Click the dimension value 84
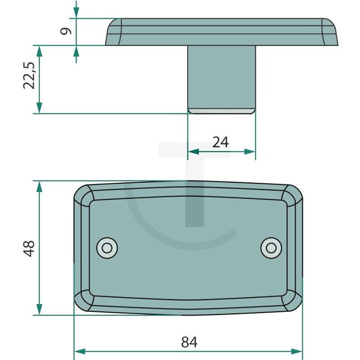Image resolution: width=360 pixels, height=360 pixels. click(x=189, y=342)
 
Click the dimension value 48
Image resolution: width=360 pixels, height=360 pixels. click(x=29, y=248)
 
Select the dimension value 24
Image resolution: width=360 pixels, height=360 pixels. click(x=220, y=142)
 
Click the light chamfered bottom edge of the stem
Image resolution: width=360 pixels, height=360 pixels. click(x=222, y=111)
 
